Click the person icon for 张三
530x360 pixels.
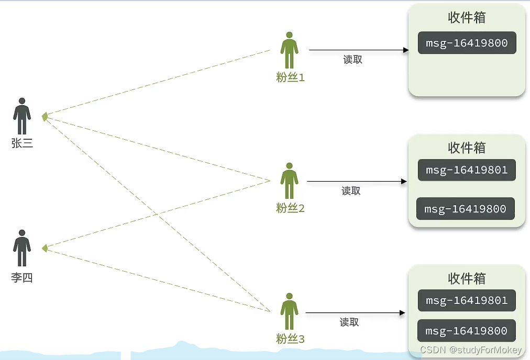[x=22, y=116]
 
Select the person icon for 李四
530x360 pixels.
[x=22, y=248]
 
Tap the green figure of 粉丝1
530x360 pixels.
[x=289, y=51]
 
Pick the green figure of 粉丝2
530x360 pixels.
[x=289, y=181]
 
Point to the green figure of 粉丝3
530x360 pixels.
[x=289, y=312]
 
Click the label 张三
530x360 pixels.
[x=22, y=143]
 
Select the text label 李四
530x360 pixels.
[x=22, y=278]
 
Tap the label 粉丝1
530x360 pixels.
[x=290, y=77]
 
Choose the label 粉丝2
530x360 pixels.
[x=290, y=208]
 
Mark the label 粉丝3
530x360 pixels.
[x=290, y=339]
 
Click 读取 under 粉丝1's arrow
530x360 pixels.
[x=352, y=60]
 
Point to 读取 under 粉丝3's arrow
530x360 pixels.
[x=349, y=322]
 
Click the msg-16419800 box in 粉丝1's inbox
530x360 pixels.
[x=467, y=43]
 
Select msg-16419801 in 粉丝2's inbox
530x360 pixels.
[x=467, y=170]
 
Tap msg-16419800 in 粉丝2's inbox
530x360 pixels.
[x=465, y=209]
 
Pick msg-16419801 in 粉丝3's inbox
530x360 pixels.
[x=467, y=300]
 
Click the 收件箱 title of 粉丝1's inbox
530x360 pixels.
[x=467, y=17]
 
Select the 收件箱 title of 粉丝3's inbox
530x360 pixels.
[x=467, y=278]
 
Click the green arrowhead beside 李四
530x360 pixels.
[x=45, y=248]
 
